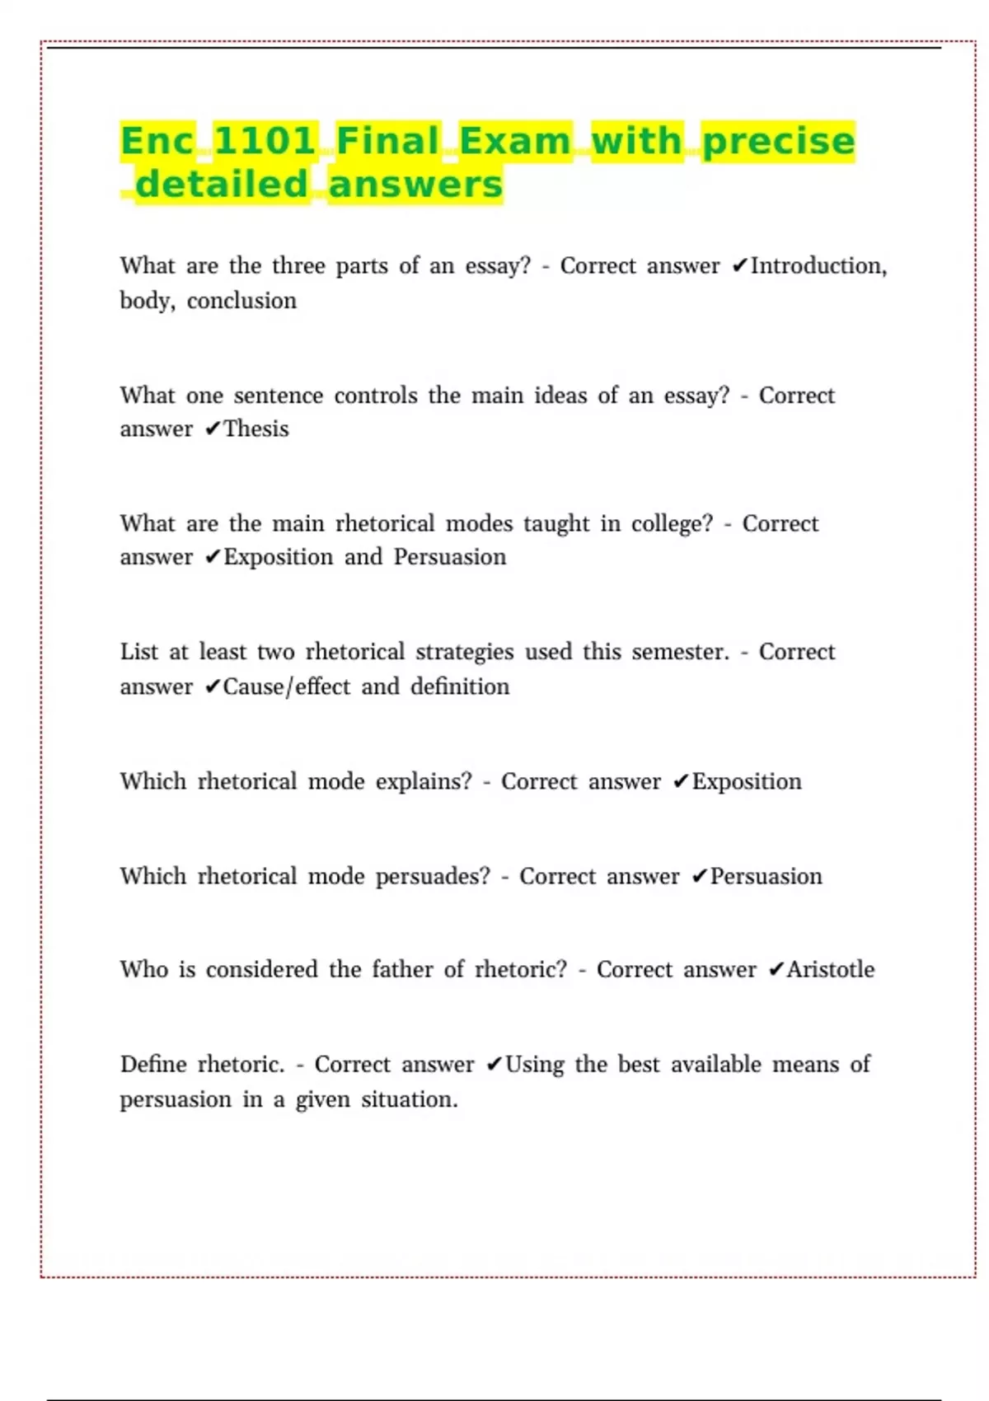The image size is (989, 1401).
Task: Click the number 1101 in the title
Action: pyautogui.click(x=265, y=141)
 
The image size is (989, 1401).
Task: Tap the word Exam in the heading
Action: pyautogui.click(x=515, y=141)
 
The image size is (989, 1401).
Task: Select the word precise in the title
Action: pyautogui.click(x=779, y=141)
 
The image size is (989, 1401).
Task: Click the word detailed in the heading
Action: pyautogui.click(x=222, y=185)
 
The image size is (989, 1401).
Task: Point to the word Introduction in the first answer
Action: pyautogui.click(x=817, y=266)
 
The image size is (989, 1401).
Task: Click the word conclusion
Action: pyautogui.click(x=241, y=301)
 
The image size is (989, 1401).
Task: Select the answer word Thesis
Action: pyautogui.click(x=256, y=429)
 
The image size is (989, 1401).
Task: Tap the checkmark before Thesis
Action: pyautogui.click(x=212, y=429)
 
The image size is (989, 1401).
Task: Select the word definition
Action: pyautogui.click(x=460, y=687)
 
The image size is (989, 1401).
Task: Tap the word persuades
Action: pyautogui.click(x=433, y=877)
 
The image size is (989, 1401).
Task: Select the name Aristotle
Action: pyautogui.click(x=830, y=970)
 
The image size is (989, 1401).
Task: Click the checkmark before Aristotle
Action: pyautogui.click(x=775, y=971)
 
